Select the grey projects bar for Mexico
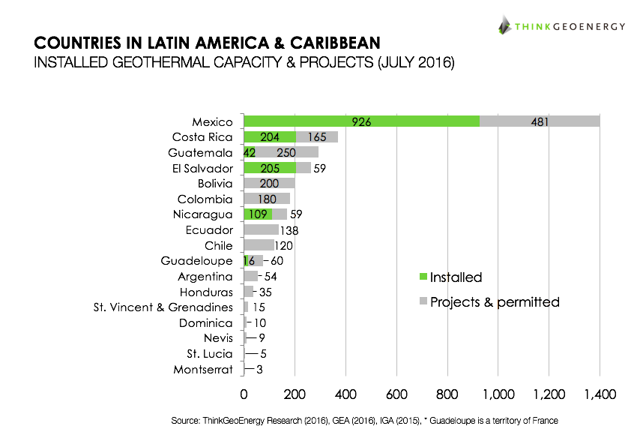click(540, 121)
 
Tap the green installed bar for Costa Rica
click(270, 137)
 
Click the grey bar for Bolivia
click(269, 183)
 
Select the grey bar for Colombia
click(267, 199)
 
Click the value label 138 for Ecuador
click(289, 230)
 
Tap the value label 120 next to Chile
click(283, 246)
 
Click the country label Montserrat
click(203, 370)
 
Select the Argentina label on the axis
click(206, 277)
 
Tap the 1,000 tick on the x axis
click(498, 393)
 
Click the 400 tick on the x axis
click(345, 393)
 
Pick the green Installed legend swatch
click(423, 277)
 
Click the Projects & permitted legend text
click(495, 302)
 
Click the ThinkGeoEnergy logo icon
click(504, 25)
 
